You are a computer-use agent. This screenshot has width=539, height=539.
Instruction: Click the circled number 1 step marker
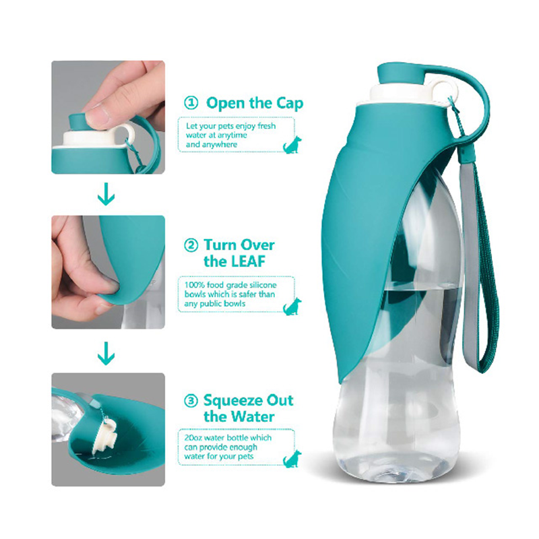[x=191, y=104]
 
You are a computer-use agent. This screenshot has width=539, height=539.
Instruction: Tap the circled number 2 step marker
[x=191, y=245]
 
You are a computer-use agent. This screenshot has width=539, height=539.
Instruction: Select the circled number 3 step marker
[x=191, y=400]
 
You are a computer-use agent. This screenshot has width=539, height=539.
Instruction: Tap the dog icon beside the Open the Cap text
[x=292, y=144]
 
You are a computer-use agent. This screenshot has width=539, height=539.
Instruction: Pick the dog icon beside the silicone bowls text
[x=292, y=306]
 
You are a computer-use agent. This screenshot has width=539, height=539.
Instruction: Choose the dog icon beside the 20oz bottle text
[x=292, y=459]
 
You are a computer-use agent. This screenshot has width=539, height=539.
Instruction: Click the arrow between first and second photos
[x=106, y=195]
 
